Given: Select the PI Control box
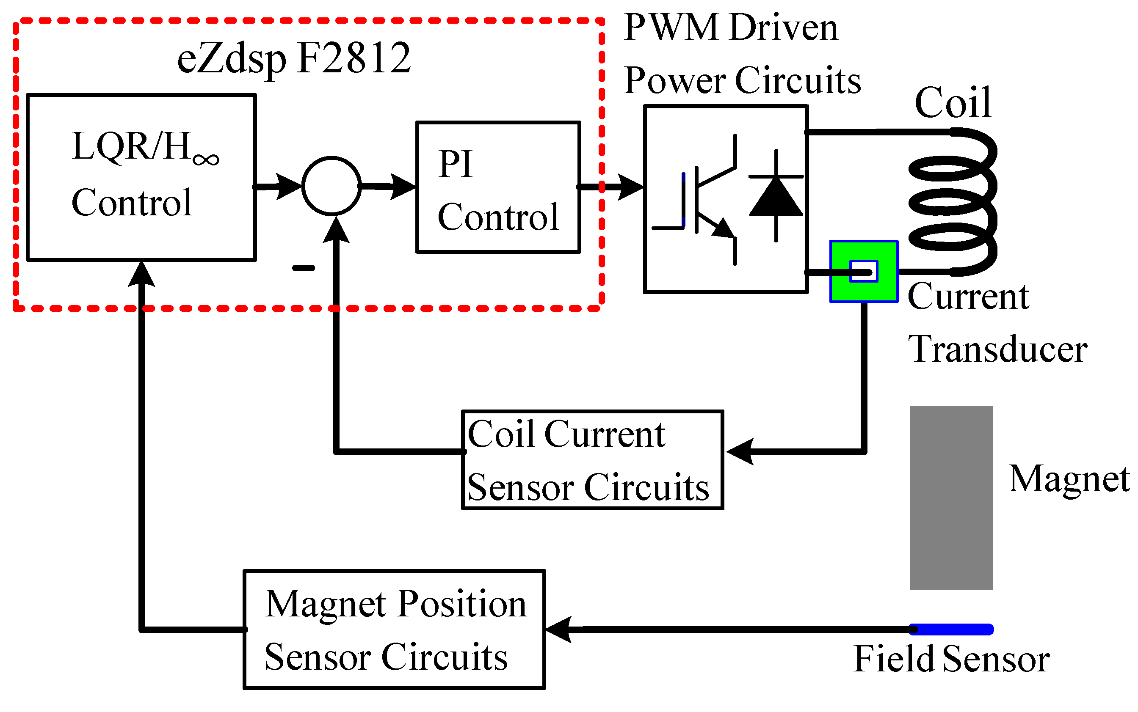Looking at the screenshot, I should [497, 187].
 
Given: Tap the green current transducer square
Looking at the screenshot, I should [863, 272].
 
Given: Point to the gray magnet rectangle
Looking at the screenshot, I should [950, 498].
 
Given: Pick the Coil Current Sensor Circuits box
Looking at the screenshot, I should [592, 460].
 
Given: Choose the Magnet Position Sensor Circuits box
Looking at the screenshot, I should [394, 630].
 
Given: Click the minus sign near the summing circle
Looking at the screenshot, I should [304, 268].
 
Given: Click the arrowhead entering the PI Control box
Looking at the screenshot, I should [403, 187].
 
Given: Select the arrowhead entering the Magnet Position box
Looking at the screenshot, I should [559, 629].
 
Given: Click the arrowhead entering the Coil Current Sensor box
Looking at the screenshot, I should [740, 451].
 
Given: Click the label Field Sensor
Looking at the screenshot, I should [951, 659].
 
